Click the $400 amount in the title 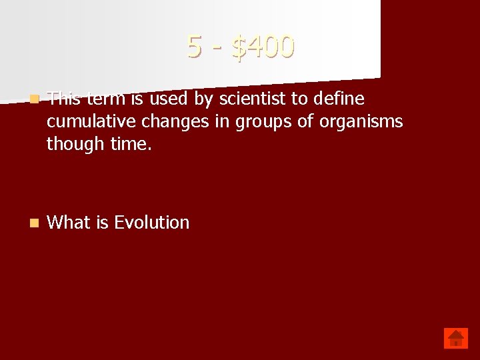click(263, 47)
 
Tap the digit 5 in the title click(194, 47)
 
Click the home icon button click(456, 338)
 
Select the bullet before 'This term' click(34, 99)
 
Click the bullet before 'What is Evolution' click(34, 223)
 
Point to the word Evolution click(152, 223)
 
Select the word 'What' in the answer click(69, 223)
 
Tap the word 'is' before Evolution click(102, 223)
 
